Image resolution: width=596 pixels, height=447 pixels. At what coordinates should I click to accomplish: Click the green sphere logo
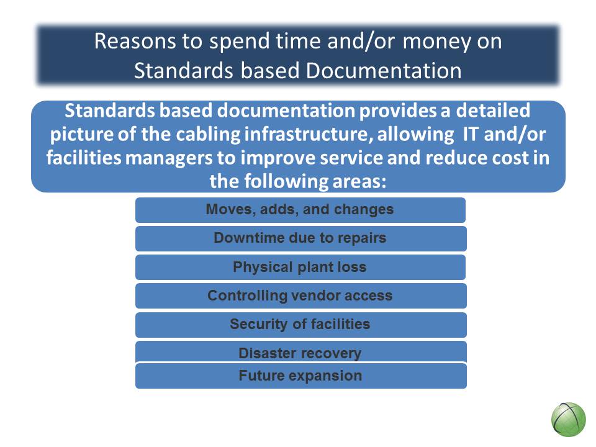point(569,419)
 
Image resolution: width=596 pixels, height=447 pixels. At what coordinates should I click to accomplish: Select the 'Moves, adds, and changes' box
point(300,210)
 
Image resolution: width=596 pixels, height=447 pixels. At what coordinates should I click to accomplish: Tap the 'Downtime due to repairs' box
point(300,238)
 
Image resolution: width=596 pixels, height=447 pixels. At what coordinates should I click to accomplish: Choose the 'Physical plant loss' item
point(300,267)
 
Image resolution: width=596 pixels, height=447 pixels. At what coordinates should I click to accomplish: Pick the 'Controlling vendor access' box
point(300,296)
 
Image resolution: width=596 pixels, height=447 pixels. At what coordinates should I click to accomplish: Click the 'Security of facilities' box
point(300,325)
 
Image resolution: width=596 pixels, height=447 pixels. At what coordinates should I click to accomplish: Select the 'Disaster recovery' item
point(300,351)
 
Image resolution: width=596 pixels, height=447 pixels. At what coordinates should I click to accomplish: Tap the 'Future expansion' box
point(300,376)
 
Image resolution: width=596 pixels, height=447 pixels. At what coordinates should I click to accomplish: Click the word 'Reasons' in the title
point(135,41)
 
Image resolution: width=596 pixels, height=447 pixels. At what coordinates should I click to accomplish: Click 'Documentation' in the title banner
point(384,71)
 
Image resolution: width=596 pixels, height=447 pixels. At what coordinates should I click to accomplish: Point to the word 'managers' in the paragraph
point(169,158)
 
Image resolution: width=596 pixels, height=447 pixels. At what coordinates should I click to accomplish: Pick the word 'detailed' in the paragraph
point(493,111)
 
